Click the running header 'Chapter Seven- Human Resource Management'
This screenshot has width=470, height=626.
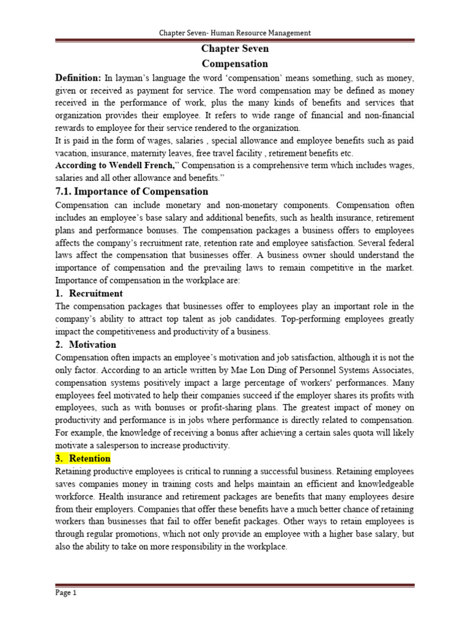point(235,33)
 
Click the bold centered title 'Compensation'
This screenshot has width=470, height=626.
point(235,64)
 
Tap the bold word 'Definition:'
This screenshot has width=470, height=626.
point(78,78)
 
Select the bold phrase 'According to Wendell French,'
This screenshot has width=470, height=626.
point(116,166)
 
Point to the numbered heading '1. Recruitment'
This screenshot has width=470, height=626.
point(89,293)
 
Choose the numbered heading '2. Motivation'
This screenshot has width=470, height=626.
point(86,345)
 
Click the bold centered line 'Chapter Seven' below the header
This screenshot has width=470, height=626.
point(235,49)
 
